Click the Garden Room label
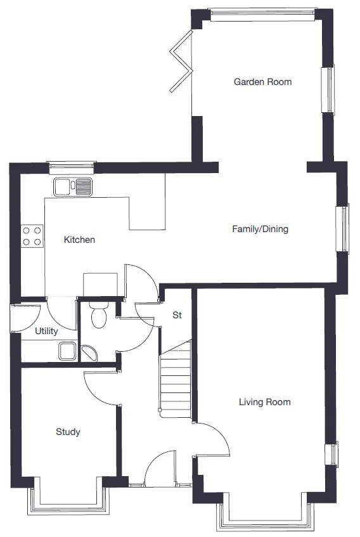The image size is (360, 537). pyautogui.click(x=262, y=82)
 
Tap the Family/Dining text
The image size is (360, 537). pyautogui.click(x=260, y=229)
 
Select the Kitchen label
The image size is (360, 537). pyautogui.click(x=79, y=240)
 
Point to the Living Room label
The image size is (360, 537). pyautogui.click(x=264, y=402)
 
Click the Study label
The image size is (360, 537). pyautogui.click(x=68, y=432)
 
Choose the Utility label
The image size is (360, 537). pyautogui.click(x=46, y=331)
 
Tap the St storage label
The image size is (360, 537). pyautogui.click(x=177, y=314)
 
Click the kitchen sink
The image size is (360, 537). pyautogui.click(x=73, y=187)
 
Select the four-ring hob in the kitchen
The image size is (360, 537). pyautogui.click(x=32, y=236)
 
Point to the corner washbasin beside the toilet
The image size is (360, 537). pyautogui.click(x=89, y=353)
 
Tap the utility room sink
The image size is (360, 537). pyautogui.click(x=67, y=351)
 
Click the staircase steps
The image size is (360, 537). pyautogui.click(x=175, y=378)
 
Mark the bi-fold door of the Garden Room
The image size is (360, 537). pyautogui.click(x=181, y=61)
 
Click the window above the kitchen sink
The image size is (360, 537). pyautogui.click(x=72, y=167)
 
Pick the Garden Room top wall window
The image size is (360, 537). pyautogui.click(x=262, y=14)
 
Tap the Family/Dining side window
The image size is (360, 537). pyautogui.click(x=342, y=229)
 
